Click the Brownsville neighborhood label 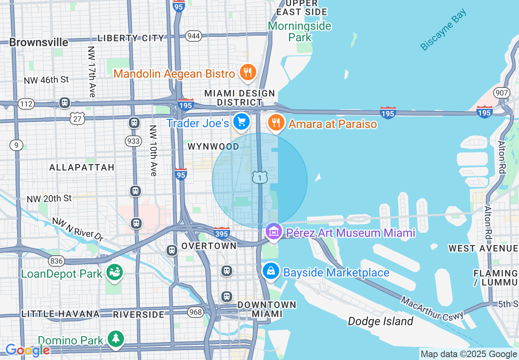click(x=38, y=43)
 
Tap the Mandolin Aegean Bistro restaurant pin click(x=247, y=72)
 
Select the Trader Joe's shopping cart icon click(x=241, y=122)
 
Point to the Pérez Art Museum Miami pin click(x=273, y=232)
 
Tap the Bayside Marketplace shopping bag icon click(x=271, y=271)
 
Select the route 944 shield click(x=193, y=36)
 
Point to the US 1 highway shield click(x=260, y=177)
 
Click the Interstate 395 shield click(x=221, y=233)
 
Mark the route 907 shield click(x=501, y=93)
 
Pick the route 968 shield click(x=196, y=312)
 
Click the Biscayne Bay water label click(x=443, y=31)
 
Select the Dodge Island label click(x=380, y=322)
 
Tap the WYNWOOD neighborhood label click(x=213, y=146)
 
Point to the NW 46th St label click(x=46, y=80)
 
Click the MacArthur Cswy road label click(x=432, y=309)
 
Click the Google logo click(x=27, y=350)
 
